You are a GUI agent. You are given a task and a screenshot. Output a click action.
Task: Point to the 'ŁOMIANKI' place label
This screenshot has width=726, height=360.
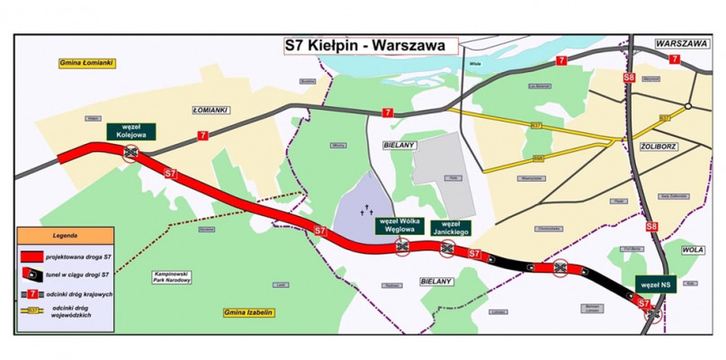coord(211,110)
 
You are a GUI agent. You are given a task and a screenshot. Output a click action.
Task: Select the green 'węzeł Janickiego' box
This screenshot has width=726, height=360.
coord(449,225)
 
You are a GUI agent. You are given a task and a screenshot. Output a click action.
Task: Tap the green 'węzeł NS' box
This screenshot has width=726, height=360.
coord(655,283)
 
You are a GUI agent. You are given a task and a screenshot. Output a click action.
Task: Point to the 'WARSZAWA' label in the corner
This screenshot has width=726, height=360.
coord(682,42)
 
